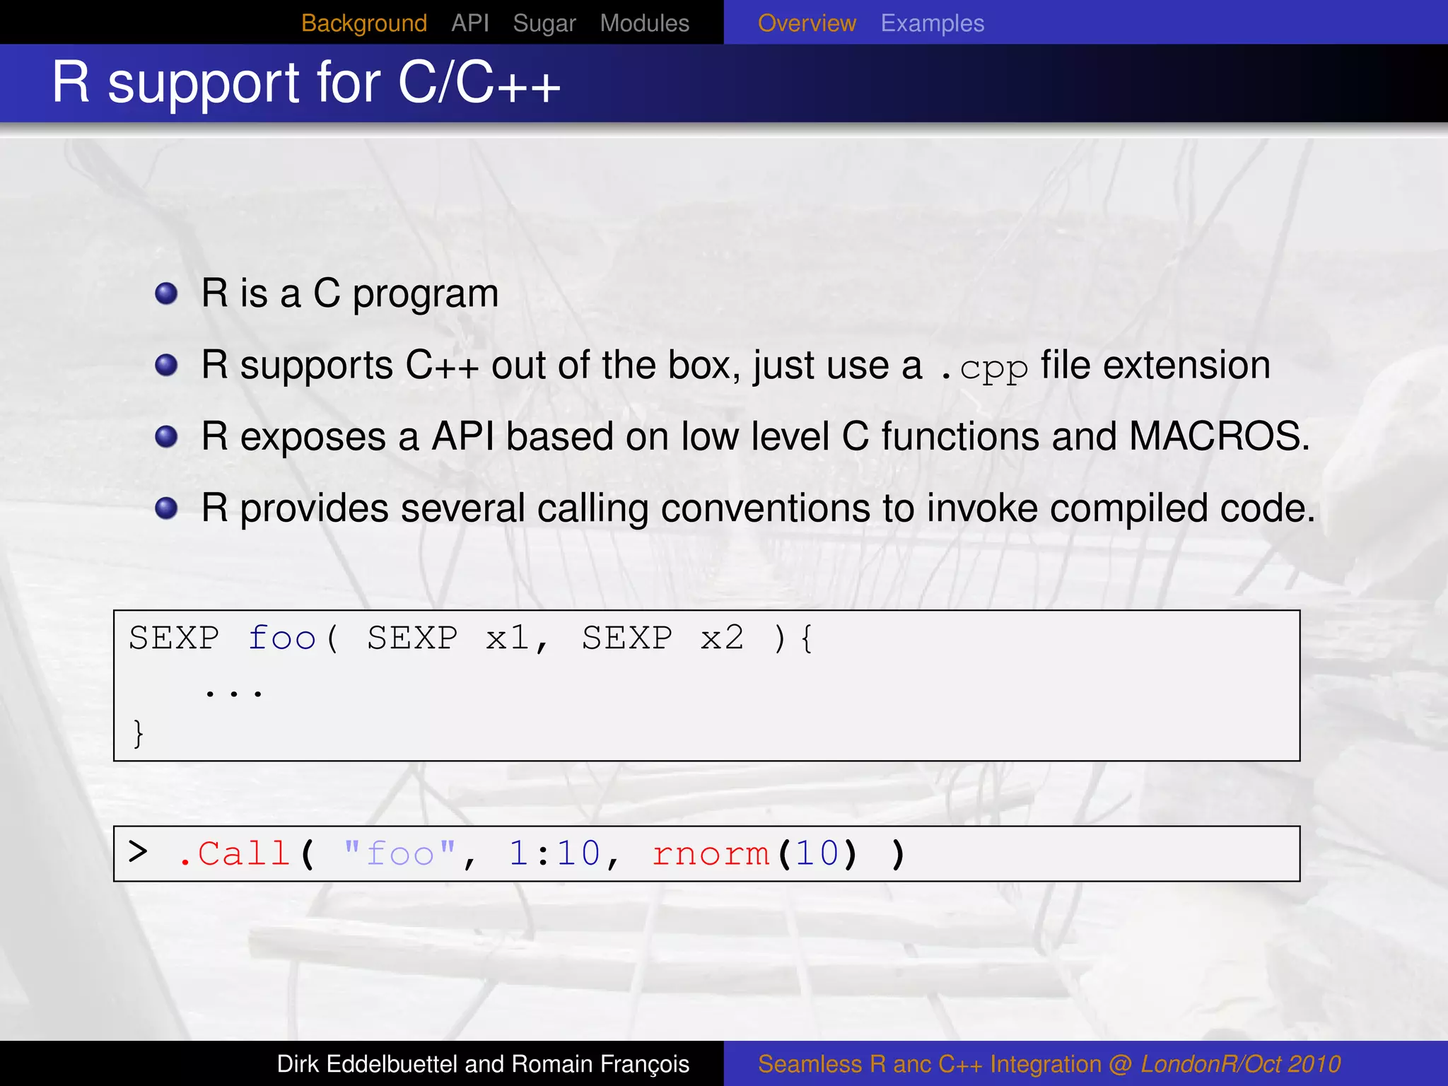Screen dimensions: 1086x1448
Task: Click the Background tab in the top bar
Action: point(363,23)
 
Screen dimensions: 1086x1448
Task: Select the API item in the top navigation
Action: point(469,23)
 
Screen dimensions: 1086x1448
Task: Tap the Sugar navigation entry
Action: point(544,23)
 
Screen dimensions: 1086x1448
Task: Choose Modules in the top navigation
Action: point(644,23)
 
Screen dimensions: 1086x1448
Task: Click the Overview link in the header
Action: point(806,23)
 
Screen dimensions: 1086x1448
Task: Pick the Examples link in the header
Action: point(932,23)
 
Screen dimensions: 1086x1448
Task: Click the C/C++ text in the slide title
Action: point(479,83)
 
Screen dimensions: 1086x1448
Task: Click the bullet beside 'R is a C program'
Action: point(166,293)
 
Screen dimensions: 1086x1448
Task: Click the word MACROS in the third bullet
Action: point(1215,436)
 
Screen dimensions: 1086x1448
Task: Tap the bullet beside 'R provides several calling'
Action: point(166,508)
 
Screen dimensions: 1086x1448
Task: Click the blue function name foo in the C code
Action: point(281,638)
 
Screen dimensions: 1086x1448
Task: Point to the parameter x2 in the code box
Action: point(722,638)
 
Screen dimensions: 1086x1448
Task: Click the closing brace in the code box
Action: point(138,733)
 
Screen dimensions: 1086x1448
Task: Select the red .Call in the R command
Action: point(235,854)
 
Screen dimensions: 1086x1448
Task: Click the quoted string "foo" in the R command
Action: point(399,854)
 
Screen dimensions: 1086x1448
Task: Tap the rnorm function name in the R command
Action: point(710,854)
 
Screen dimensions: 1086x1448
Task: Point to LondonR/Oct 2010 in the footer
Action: point(1240,1064)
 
